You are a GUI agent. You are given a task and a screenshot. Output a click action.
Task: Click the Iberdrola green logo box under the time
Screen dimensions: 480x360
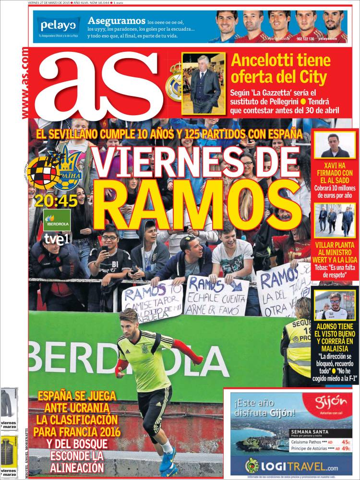[x=57, y=219]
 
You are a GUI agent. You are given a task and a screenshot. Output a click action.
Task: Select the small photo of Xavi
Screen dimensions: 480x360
[x=335, y=146]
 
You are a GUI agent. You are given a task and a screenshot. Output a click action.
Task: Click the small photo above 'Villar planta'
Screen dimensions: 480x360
[x=335, y=220]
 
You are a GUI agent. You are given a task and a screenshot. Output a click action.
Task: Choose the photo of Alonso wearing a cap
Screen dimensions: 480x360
[x=335, y=305]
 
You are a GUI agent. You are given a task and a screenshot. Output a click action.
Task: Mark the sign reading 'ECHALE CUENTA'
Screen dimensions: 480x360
[x=216, y=296]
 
